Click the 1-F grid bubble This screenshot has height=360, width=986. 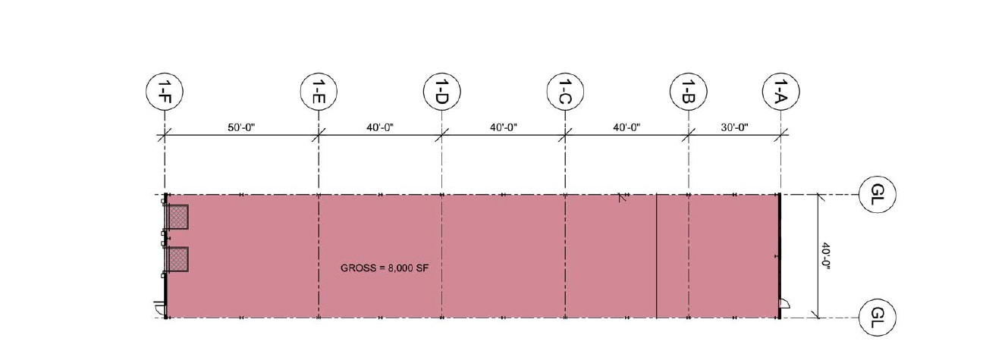pyautogui.click(x=164, y=92)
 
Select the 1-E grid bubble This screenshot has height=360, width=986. pyautogui.click(x=319, y=92)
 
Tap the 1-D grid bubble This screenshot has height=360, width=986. pyautogui.click(x=442, y=92)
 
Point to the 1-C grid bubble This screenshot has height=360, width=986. pyautogui.click(x=565, y=92)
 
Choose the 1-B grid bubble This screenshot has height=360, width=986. pyautogui.click(x=689, y=92)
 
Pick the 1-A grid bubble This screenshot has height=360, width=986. pyautogui.click(x=781, y=92)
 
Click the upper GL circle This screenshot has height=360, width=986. pyautogui.click(x=878, y=194)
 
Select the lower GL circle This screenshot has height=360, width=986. pyautogui.click(x=878, y=318)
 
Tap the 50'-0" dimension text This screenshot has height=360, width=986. pyautogui.click(x=241, y=127)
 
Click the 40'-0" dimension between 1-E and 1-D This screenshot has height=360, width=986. pyautogui.click(x=380, y=127)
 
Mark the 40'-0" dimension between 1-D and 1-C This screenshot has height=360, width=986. pyautogui.click(x=504, y=127)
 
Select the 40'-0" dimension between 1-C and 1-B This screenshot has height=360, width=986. pyautogui.click(x=626, y=127)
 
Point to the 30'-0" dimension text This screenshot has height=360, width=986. pyautogui.click(x=735, y=127)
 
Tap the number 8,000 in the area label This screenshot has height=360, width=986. pyautogui.click(x=400, y=268)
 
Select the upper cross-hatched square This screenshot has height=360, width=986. pyautogui.click(x=177, y=217)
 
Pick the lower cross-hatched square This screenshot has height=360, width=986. pyautogui.click(x=177, y=260)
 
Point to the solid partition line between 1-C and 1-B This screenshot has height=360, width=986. pyautogui.click(x=656, y=255)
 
